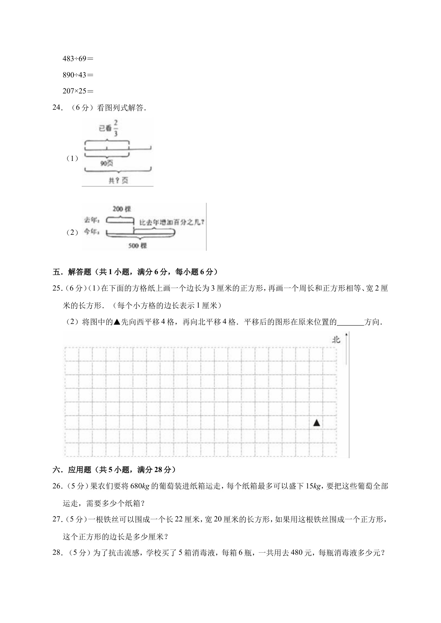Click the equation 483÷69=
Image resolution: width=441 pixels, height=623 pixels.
(78, 59)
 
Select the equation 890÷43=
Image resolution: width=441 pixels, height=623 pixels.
(78, 75)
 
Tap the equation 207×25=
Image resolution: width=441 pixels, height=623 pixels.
(78, 91)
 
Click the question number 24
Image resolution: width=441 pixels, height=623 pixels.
(58, 108)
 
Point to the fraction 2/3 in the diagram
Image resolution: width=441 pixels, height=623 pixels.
(116, 128)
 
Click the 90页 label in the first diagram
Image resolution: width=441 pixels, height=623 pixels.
(107, 163)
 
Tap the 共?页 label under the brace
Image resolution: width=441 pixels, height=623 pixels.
(118, 180)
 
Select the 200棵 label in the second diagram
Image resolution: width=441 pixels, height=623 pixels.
(122, 209)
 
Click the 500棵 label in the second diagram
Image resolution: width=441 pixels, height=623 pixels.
(138, 245)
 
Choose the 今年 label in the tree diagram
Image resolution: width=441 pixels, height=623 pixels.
(92, 232)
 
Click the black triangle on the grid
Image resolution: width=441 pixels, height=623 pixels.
(316, 423)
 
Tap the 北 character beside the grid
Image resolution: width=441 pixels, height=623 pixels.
(336, 340)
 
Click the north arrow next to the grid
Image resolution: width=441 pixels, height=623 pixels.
(346, 348)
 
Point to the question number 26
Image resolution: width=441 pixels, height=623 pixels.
(57, 486)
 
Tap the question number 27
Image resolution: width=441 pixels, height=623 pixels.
(57, 519)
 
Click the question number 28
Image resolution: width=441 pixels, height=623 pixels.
(58, 553)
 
